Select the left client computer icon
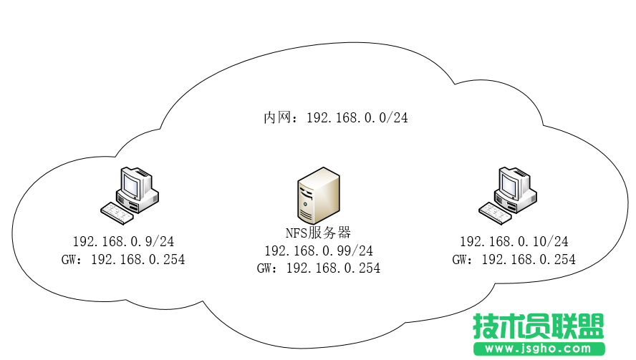[129, 192]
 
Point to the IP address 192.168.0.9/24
[123, 242]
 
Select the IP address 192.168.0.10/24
[514, 242]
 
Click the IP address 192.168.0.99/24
[319, 250]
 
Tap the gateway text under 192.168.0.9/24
[123, 260]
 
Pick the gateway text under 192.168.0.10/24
[514, 260]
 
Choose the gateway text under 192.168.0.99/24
[319, 268]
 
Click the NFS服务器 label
[319, 232]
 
